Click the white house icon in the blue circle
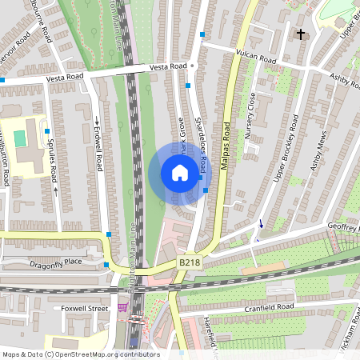click(x=179, y=173)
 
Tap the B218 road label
click(x=190, y=262)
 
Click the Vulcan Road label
click(x=256, y=58)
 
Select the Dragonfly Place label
click(x=56, y=262)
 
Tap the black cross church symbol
click(x=301, y=34)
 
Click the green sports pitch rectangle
click(x=20, y=138)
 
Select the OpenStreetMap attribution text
click(x=80, y=354)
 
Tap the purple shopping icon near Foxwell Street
click(x=122, y=307)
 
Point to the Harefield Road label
click(x=211, y=336)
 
